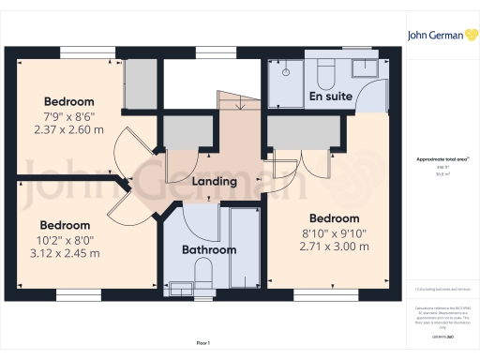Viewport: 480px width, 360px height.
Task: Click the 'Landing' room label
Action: tap(214, 182)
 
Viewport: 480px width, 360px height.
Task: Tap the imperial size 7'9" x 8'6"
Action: tap(70, 115)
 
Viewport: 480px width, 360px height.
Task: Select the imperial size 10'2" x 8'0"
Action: tap(65, 240)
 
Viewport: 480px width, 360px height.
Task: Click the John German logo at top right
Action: tap(442, 35)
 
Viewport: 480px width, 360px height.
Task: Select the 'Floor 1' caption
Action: tap(202, 343)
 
